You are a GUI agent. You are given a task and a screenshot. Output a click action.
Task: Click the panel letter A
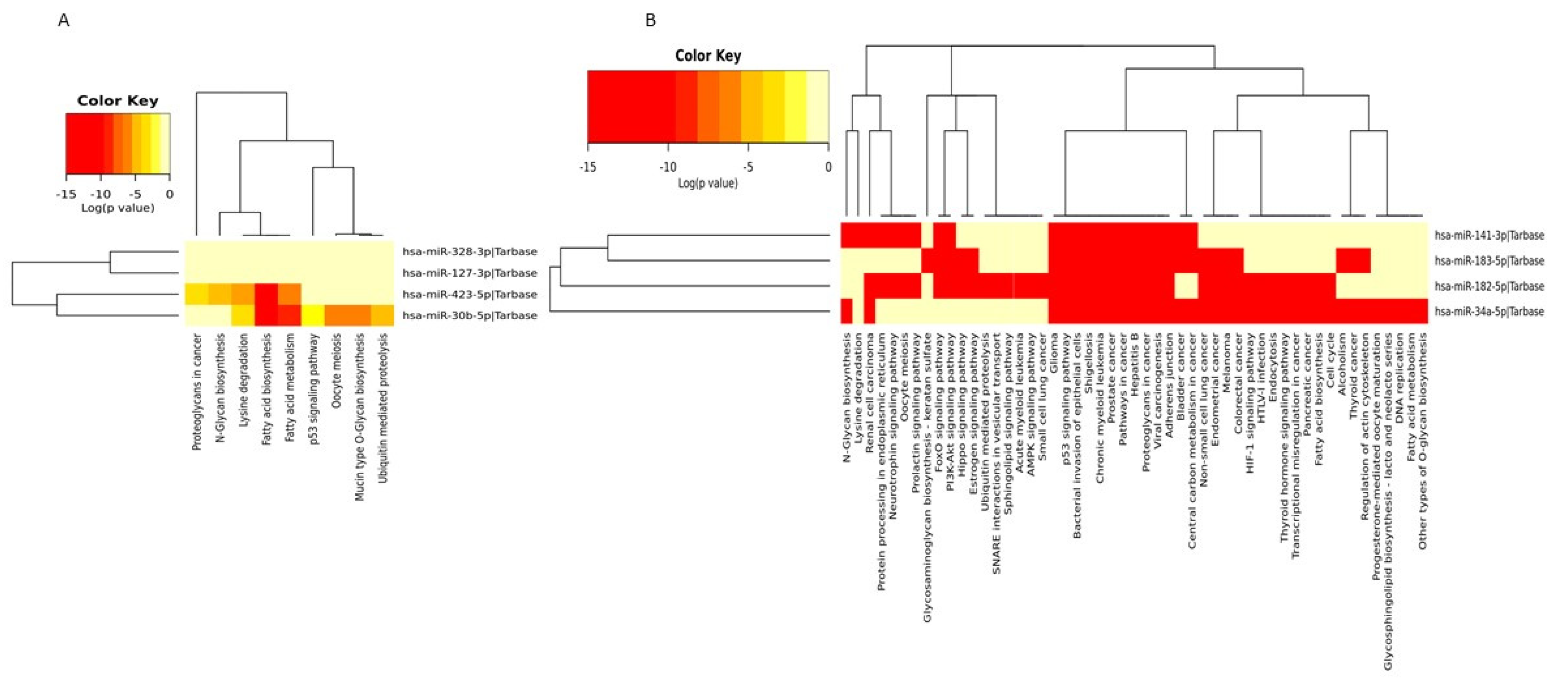click(x=63, y=21)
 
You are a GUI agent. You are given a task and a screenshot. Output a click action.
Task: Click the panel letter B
click(x=650, y=21)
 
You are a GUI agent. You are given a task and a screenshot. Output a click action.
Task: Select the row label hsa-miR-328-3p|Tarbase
click(x=469, y=251)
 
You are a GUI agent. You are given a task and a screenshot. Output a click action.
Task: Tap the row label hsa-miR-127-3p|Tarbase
click(x=469, y=273)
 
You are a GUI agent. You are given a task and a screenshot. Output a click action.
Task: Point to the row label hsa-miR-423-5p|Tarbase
click(x=469, y=294)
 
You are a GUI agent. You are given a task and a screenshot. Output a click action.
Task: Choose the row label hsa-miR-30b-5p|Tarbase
click(x=469, y=315)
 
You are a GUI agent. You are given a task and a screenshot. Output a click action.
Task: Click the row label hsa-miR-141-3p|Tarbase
click(x=1489, y=235)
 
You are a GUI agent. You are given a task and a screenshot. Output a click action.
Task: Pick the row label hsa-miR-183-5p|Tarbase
click(x=1489, y=261)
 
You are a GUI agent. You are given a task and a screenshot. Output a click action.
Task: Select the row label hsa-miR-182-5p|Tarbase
click(x=1489, y=286)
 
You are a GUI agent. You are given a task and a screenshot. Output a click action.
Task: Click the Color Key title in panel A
click(x=118, y=101)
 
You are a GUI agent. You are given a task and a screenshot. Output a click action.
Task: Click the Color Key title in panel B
click(x=708, y=55)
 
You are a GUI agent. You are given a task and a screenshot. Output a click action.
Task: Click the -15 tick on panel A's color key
click(x=66, y=194)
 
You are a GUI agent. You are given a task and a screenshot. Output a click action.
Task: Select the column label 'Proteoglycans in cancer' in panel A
click(x=197, y=392)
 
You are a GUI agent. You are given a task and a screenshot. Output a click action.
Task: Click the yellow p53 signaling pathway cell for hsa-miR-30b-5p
click(x=312, y=315)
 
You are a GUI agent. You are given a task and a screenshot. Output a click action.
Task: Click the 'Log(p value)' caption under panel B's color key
click(x=708, y=182)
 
